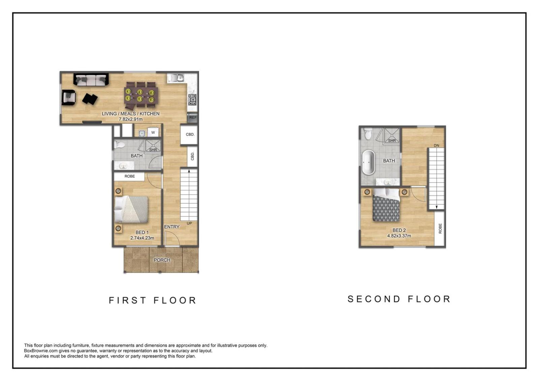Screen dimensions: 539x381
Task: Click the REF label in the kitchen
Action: click(193, 118)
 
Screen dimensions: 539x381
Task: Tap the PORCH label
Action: click(162, 260)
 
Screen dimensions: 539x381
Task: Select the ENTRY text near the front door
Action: click(172, 227)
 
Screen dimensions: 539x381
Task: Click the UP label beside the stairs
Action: click(189, 223)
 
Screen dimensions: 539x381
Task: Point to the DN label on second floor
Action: click(436, 146)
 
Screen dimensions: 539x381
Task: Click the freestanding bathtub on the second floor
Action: click(368, 162)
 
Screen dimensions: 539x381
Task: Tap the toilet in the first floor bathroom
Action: click(119, 145)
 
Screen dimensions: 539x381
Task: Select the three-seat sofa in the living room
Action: click(91, 80)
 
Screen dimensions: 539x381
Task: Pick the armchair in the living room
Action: click(69, 97)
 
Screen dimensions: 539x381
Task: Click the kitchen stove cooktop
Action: click(192, 100)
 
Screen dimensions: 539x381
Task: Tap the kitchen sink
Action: click(177, 78)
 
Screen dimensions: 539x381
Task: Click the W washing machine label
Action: click(153, 132)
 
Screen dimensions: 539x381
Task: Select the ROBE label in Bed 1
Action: click(130, 176)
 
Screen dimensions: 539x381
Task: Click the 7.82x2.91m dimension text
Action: click(131, 119)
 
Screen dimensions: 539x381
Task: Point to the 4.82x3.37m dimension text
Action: click(399, 235)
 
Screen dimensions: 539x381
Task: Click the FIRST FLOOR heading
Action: click(153, 300)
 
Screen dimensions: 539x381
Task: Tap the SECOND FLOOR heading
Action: click(399, 299)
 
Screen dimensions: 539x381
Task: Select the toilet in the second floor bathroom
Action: click(368, 134)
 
